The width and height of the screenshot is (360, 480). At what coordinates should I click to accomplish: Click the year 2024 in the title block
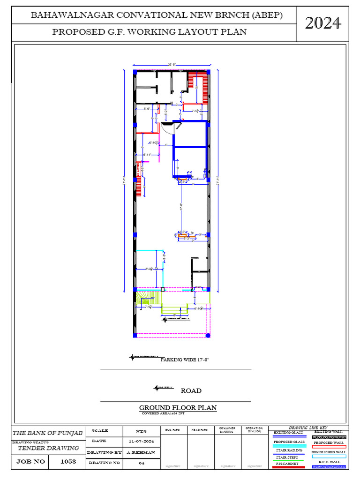323,22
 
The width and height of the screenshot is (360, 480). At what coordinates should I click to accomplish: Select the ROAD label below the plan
191,390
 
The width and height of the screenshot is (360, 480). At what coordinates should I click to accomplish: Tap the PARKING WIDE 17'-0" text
185,360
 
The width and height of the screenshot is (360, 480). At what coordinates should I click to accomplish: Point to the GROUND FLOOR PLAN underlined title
178,407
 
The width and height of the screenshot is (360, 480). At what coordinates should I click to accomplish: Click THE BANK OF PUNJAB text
47,433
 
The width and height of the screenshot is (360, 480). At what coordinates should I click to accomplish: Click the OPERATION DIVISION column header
255,430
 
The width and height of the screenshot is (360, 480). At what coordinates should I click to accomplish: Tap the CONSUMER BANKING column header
227,430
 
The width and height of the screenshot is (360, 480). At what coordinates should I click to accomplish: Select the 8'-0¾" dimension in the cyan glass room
150,269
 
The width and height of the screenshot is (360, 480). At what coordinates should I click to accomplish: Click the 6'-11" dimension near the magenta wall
149,154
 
